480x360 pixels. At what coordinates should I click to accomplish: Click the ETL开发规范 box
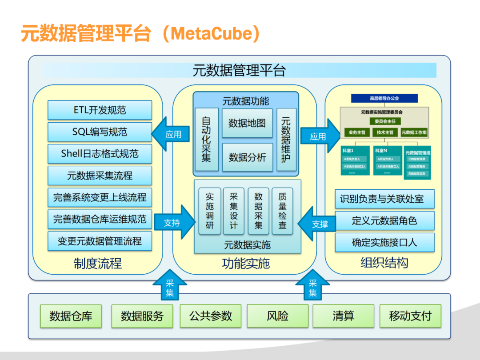pos(100,110)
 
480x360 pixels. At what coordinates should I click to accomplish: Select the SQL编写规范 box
pos(100,132)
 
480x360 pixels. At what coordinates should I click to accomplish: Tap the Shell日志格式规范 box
pos(100,154)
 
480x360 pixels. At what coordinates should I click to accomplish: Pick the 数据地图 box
pos(247,123)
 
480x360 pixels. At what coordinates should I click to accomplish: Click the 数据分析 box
pos(247,157)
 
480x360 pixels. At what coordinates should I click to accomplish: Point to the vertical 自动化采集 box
pos(206,140)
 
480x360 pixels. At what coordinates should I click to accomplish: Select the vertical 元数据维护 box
pos(286,140)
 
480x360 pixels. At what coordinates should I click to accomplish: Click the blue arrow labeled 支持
pos(174,222)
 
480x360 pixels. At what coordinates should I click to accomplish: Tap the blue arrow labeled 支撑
pos(317,224)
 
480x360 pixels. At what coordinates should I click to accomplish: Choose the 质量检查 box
pos(283,211)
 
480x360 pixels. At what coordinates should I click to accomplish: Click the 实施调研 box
pos(210,211)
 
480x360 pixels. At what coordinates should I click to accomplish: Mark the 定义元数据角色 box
pos(384,220)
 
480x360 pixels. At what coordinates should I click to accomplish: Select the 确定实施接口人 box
pos(384,243)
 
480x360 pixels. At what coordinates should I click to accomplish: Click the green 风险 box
pos(277,316)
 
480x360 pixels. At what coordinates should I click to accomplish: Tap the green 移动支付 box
pos(410,316)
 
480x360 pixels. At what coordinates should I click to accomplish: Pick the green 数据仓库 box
pos(71,316)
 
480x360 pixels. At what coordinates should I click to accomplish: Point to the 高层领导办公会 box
pos(384,98)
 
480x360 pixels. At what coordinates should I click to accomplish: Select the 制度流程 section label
pos(97,264)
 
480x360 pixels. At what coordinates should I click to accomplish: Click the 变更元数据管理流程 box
pos(100,241)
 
